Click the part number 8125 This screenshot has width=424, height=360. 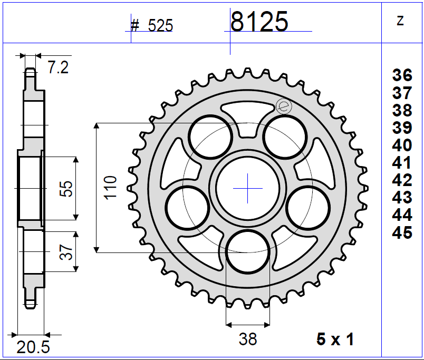(x=259, y=22)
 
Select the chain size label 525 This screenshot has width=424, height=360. (x=160, y=26)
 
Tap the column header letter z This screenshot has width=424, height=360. (x=400, y=21)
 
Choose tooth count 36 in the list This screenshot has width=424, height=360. (x=402, y=75)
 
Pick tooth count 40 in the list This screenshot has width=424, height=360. (x=402, y=145)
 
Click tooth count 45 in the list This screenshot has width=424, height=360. (x=402, y=232)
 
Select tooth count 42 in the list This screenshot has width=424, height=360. (x=402, y=180)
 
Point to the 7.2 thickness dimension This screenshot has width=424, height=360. (x=58, y=67)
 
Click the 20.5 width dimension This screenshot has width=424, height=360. (x=33, y=347)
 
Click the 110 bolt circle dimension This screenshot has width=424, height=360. (x=110, y=188)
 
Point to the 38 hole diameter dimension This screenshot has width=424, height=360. (x=247, y=339)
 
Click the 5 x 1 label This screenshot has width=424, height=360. (x=335, y=339)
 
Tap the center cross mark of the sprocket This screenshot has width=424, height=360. (x=247, y=188)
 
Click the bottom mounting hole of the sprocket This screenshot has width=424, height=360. (x=247, y=252)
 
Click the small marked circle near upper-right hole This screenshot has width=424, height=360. (x=283, y=106)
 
